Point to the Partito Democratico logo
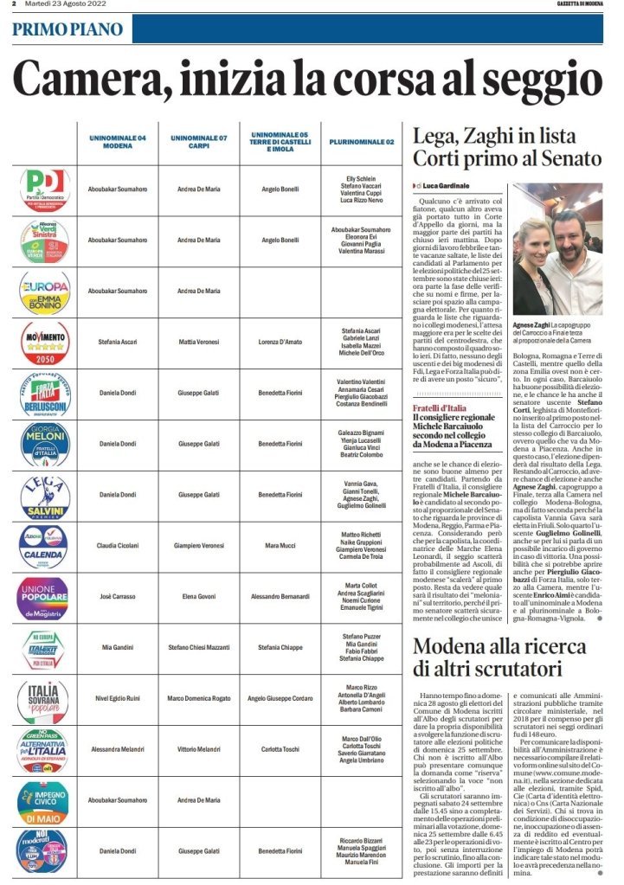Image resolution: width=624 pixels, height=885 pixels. coord(43,189)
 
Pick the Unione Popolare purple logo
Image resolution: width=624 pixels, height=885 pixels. coord(43,597)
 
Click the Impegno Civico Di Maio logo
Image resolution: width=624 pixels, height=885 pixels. coord(43,800)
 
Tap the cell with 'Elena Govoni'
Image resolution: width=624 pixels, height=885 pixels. coord(199,597)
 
